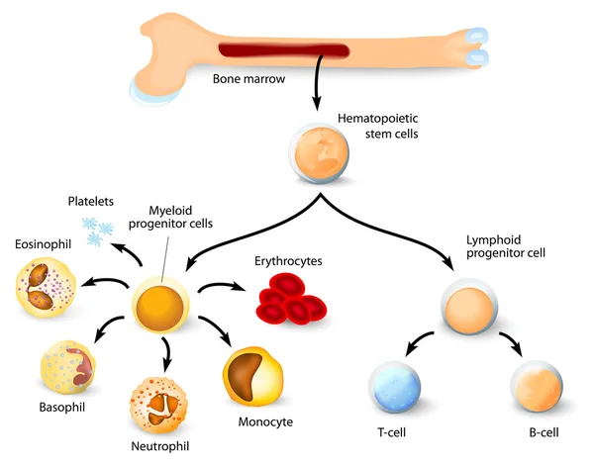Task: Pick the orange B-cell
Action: coord(538,389)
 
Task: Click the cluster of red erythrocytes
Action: coord(293,298)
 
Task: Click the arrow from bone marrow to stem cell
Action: coord(317,89)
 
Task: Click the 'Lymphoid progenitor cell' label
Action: coord(506,246)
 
